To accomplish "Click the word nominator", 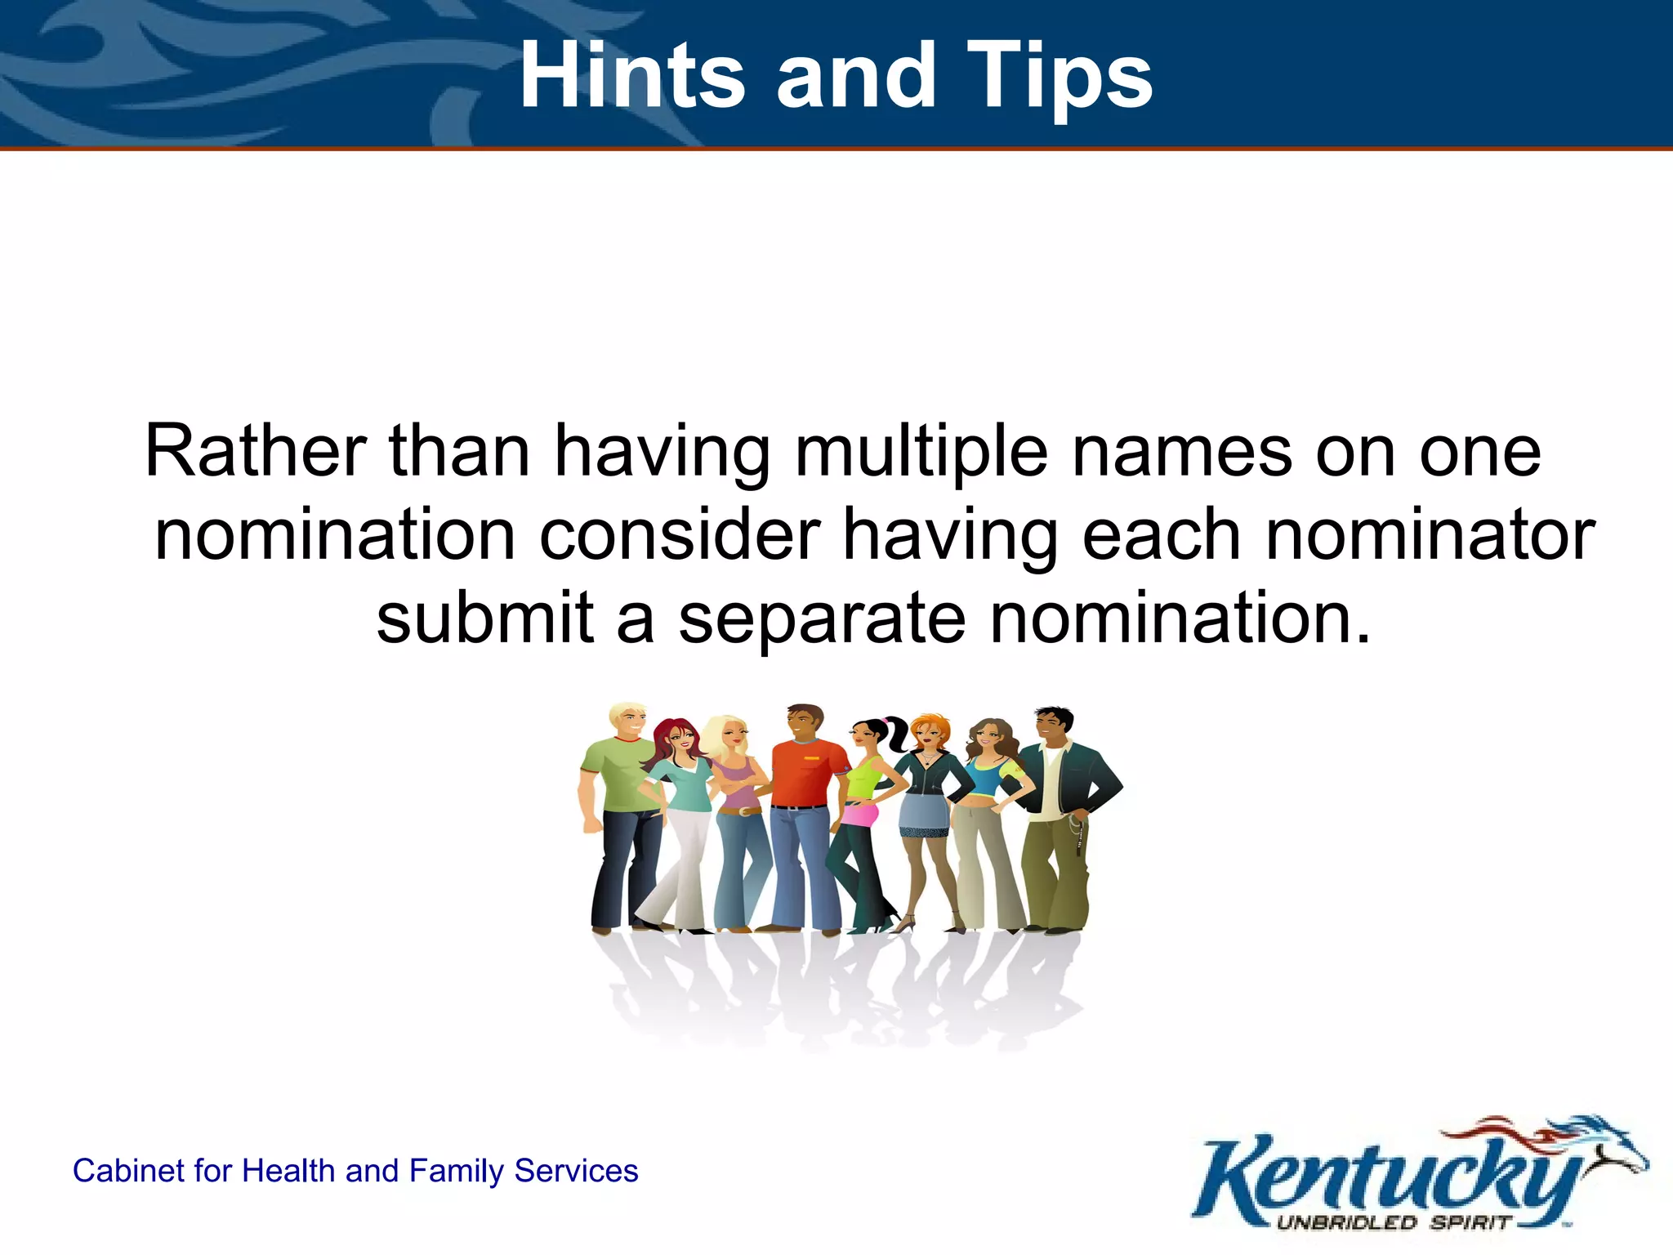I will (1430, 535).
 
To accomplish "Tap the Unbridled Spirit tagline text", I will (1393, 1223).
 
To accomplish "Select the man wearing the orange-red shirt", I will (805, 809).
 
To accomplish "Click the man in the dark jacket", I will (1062, 809).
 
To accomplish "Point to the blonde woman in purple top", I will (739, 809).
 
